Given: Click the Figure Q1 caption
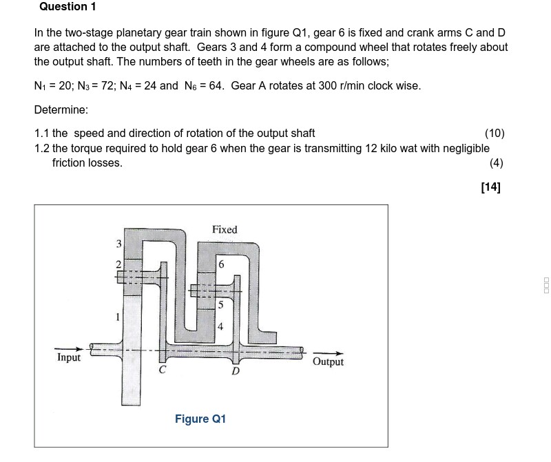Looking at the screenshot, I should pyautogui.click(x=200, y=419).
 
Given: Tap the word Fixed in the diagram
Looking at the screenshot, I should pyautogui.click(x=225, y=229).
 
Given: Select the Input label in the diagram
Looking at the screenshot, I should pyautogui.click(x=69, y=357).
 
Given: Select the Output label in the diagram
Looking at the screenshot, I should pyautogui.click(x=328, y=362).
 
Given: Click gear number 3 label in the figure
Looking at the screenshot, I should pyautogui.click(x=118, y=243).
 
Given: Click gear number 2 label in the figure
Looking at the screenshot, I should pyautogui.click(x=118, y=265).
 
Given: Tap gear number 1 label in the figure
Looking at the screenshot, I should pyautogui.click(x=118, y=317).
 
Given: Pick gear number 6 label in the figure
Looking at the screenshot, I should pyautogui.click(x=220, y=265).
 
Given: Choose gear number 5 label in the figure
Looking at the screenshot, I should pyautogui.click(x=220, y=304).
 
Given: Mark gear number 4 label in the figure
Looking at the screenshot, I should pyautogui.click(x=220, y=327).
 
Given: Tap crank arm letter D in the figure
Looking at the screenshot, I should pyautogui.click(x=235, y=371).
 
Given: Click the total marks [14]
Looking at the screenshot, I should pyautogui.click(x=491, y=187).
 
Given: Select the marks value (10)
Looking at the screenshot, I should pyautogui.click(x=495, y=133).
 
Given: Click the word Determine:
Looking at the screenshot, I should pyautogui.click(x=61, y=109).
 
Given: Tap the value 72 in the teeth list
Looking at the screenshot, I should pyautogui.click(x=96, y=86).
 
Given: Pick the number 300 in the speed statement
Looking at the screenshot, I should pyautogui.click(x=321, y=86).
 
